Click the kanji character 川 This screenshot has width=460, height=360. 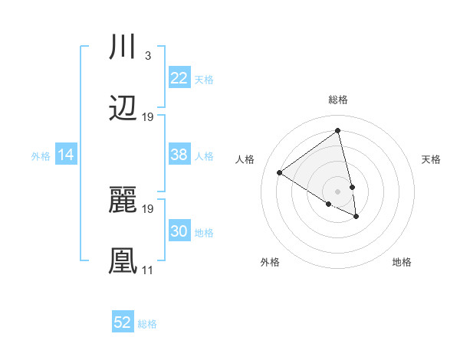click(123, 48)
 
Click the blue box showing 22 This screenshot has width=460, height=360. click(179, 78)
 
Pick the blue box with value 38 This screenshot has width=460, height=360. click(179, 155)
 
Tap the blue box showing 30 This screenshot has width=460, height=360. click(179, 231)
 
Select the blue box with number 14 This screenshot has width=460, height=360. click(66, 155)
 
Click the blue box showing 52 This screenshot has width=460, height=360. click(123, 322)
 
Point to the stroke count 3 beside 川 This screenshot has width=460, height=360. click(147, 56)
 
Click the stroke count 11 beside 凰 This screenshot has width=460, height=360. click(147, 270)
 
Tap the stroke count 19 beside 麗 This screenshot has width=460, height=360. click(148, 208)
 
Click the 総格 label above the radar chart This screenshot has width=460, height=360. click(338, 100)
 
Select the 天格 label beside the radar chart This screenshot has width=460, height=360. click(432, 159)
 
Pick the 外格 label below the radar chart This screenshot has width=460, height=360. click(270, 262)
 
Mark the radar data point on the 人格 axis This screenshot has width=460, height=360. click(280, 172)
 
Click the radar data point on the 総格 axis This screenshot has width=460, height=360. click(338, 131)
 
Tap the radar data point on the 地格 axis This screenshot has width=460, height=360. click(356, 217)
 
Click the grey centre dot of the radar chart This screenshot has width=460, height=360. click(338, 191)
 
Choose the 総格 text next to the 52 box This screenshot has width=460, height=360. click(147, 324)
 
